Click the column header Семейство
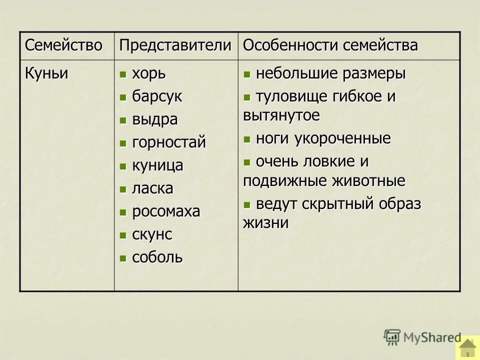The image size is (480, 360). (63, 45)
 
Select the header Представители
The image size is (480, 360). (175, 45)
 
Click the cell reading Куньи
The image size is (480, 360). (46, 73)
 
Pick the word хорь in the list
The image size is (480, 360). (148, 74)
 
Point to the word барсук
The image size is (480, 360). (157, 96)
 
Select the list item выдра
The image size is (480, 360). (154, 119)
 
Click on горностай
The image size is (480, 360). (168, 142)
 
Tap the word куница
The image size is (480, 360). (157, 165)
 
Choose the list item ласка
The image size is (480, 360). (152, 188)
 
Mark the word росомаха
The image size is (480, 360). (166, 211)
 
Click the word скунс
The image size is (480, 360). (152, 234)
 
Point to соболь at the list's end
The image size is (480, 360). (157, 257)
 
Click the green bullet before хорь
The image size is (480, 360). (123, 75)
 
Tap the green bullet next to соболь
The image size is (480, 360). (123, 258)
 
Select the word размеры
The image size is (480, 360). (374, 73)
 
